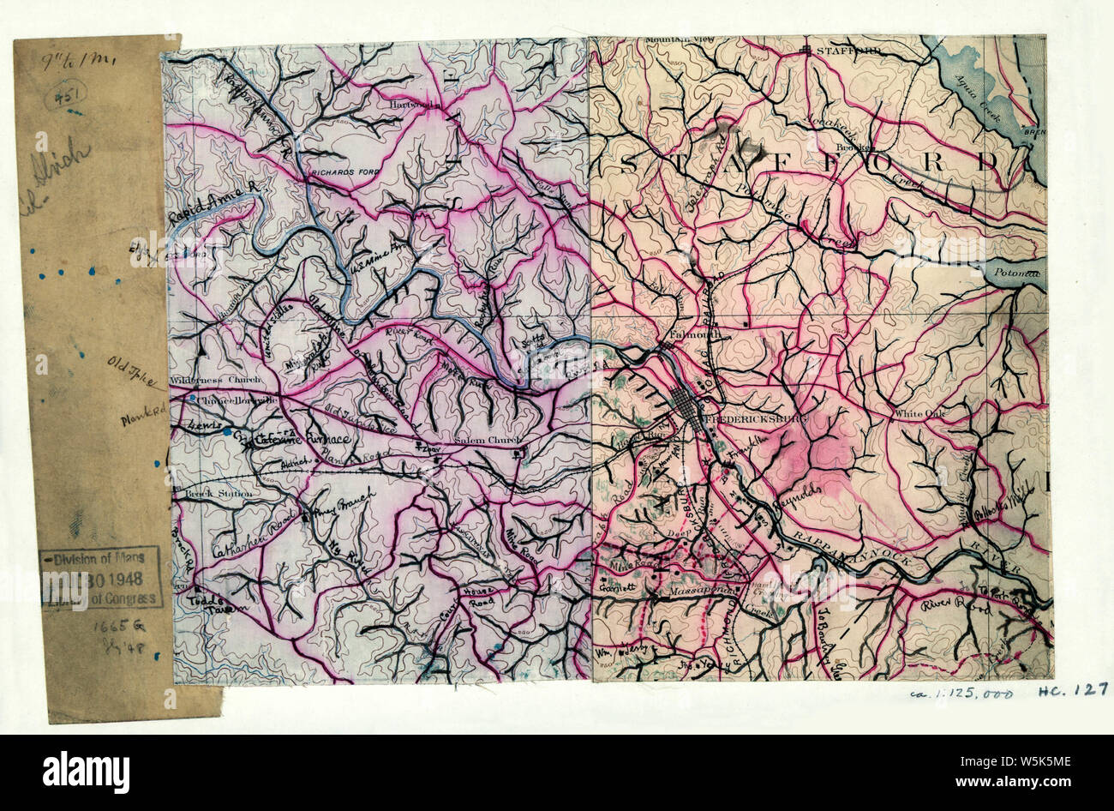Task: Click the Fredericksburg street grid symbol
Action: [x=690, y=408]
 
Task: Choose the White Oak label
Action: [x=918, y=414]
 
